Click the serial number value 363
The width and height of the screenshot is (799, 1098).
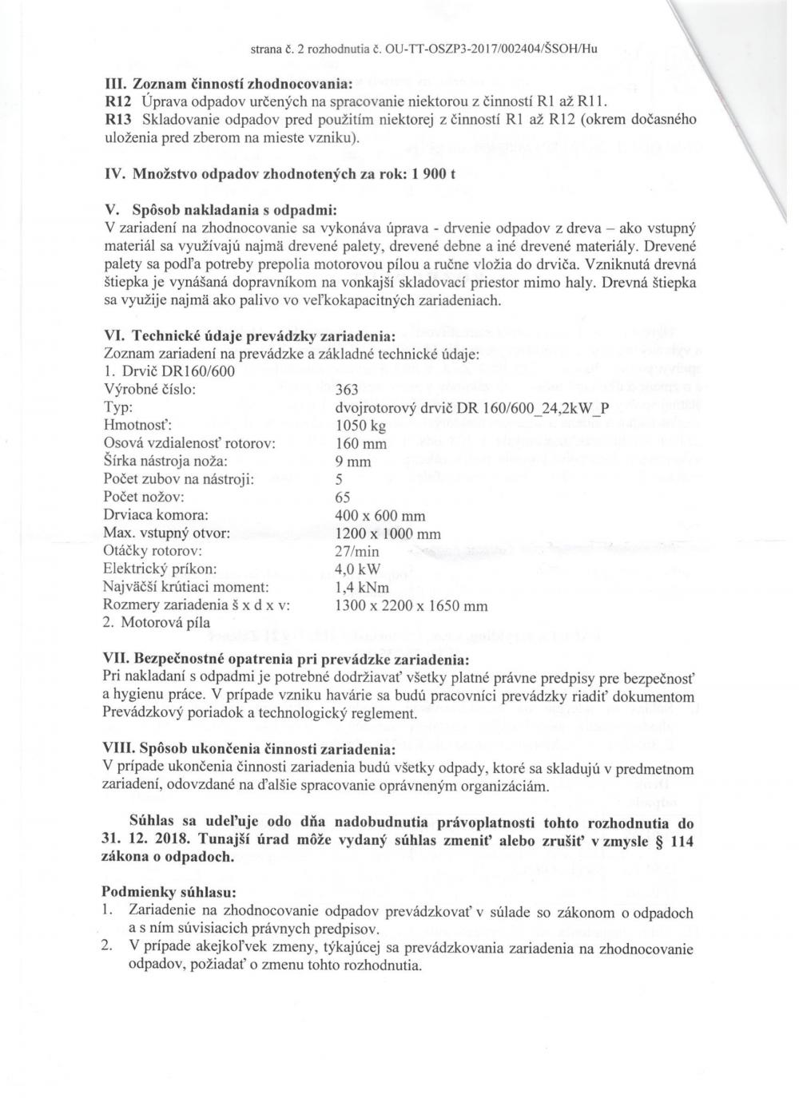347,390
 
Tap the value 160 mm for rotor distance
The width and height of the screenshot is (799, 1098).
361,444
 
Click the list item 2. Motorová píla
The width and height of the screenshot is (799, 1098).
157,624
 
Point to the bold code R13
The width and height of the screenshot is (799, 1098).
118,120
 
